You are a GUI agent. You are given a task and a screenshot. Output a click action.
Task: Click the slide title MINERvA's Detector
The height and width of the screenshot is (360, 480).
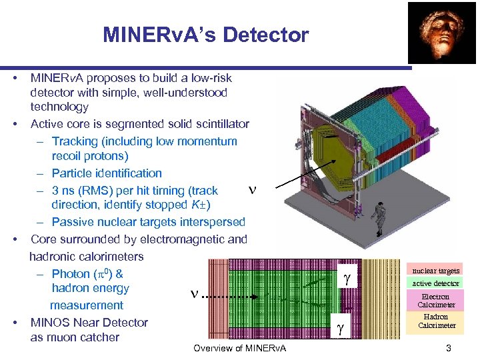pos(205,35)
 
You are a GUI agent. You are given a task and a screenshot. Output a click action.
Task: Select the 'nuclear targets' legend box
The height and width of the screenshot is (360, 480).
pos(435,271)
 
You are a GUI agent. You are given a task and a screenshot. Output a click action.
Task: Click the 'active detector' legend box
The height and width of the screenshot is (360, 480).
pos(435,283)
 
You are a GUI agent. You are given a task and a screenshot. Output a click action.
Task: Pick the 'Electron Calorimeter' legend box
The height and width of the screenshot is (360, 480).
pos(435,301)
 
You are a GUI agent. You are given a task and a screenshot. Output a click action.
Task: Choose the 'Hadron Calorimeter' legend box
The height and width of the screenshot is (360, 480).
pos(435,321)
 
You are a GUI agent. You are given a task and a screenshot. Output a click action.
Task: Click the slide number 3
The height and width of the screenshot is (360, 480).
pos(449,348)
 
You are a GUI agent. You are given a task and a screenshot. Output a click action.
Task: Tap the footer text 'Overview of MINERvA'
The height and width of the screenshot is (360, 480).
pos(239,349)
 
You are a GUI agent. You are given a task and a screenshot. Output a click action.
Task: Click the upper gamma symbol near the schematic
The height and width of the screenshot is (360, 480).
pos(346,279)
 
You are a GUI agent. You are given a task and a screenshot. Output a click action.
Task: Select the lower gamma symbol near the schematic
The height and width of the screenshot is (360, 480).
pos(340,327)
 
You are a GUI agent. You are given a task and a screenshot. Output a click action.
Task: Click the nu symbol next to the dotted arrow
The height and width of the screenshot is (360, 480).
pos(195,293)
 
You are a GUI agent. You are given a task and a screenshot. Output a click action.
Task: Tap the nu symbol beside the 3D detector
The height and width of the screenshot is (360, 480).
pos(251,189)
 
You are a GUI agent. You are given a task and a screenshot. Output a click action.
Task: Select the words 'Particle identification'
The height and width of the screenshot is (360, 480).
pos(107,173)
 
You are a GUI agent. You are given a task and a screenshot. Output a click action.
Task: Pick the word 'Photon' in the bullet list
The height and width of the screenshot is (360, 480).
pos(70,274)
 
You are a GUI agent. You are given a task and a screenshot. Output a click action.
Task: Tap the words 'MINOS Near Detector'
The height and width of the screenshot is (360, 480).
pos(89,323)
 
